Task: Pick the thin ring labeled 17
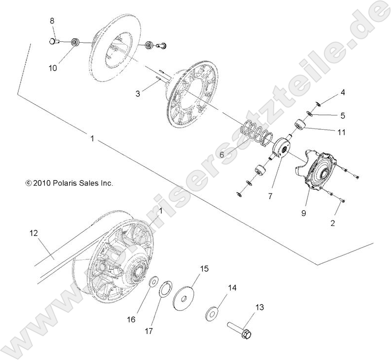click(x=165, y=287)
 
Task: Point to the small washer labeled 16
click(x=153, y=281)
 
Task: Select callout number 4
click(x=343, y=92)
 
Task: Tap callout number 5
click(x=342, y=116)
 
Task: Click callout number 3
click(x=138, y=93)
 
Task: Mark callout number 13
click(x=259, y=307)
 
